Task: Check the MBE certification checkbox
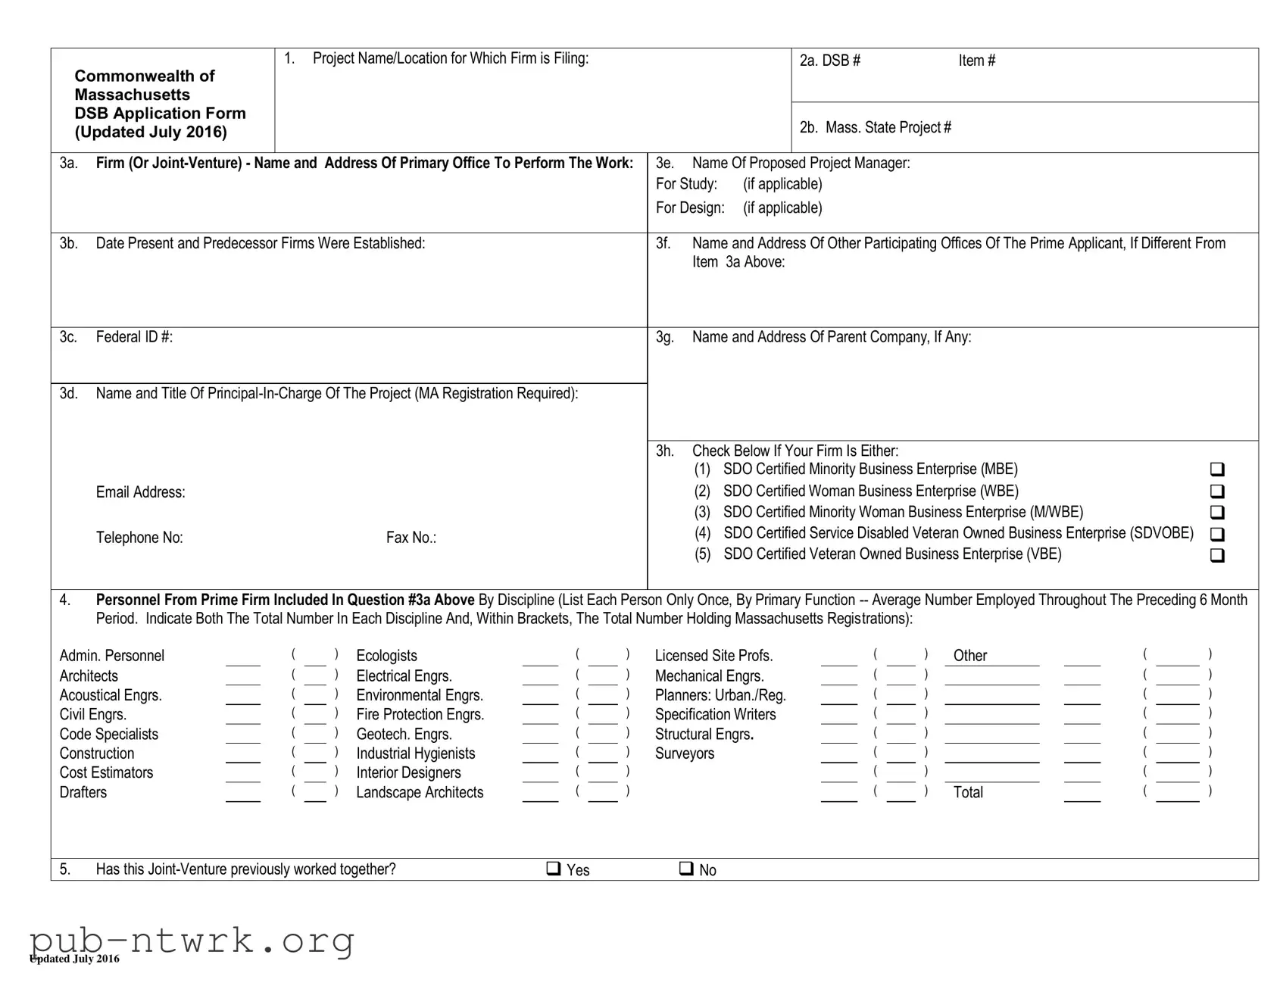tap(1217, 470)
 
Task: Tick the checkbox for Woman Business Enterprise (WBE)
tap(1217, 491)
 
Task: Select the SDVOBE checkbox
tap(1217, 534)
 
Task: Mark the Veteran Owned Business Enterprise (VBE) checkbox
tap(1217, 555)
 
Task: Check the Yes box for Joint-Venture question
tap(554, 869)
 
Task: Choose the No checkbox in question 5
tap(686, 869)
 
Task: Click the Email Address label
tap(140, 492)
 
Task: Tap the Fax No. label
tap(411, 538)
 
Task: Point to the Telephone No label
tap(139, 538)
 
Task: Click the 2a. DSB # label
tap(830, 61)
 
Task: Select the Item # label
tap(976, 61)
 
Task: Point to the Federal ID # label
tap(134, 337)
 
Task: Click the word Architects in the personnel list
tap(89, 675)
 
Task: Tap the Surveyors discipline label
tap(685, 753)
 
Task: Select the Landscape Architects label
tap(420, 792)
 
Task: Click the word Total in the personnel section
tap(968, 792)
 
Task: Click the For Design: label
tap(690, 207)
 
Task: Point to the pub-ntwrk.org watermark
tap(192, 941)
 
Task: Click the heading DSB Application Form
tap(160, 113)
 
